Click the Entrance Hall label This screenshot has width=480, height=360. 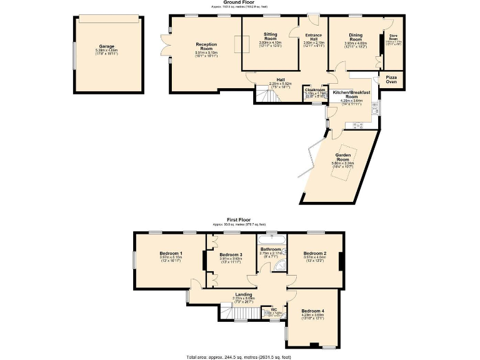pyautogui.click(x=314, y=39)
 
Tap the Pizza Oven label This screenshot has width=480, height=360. pyautogui.click(x=391, y=79)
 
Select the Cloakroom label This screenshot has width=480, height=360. pyautogui.click(x=312, y=92)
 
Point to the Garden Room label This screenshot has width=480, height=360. pyautogui.click(x=342, y=159)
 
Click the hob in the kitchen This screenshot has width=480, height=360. pyautogui.click(x=359, y=125)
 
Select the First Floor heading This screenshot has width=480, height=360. pyautogui.click(x=239, y=219)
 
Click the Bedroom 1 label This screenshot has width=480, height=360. pyautogui.click(x=170, y=254)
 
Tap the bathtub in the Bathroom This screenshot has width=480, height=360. pyautogui.click(x=272, y=239)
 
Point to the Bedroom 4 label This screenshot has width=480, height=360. pyautogui.click(x=312, y=313)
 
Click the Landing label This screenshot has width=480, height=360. pyautogui.click(x=244, y=296)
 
